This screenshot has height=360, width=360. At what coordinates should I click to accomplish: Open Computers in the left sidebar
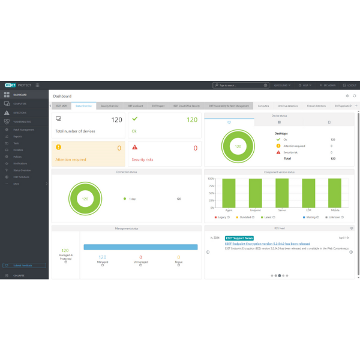click(x=19, y=104)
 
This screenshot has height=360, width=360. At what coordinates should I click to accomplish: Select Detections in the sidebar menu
click(x=20, y=112)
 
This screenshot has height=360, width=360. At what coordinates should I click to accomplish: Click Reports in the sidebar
click(x=17, y=136)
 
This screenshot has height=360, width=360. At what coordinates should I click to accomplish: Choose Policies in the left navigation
click(x=17, y=157)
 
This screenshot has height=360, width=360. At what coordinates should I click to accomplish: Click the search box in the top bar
click(x=240, y=86)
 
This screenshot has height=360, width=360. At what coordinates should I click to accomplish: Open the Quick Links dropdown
click(x=283, y=86)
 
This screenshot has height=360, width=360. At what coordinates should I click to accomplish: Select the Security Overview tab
click(x=110, y=106)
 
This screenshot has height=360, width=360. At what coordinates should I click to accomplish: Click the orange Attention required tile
click(x=88, y=152)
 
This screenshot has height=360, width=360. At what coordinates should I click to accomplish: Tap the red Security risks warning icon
click(x=135, y=147)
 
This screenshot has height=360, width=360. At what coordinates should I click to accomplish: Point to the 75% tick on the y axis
click(x=211, y=185)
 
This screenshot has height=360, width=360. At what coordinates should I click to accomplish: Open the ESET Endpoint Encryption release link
click(x=267, y=244)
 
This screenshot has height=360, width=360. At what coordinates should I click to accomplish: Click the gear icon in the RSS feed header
click(x=352, y=229)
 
